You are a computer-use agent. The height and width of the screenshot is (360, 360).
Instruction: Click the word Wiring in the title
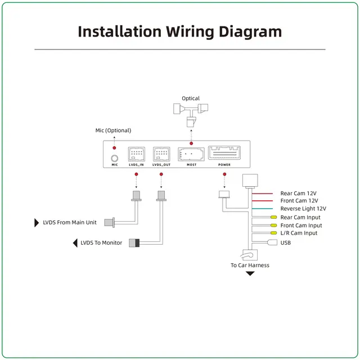tap(190, 32)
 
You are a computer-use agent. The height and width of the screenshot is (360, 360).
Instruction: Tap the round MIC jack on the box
tap(115, 158)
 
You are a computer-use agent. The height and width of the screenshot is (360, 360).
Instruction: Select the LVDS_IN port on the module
tap(136, 154)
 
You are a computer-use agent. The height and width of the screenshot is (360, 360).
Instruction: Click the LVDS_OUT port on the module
tap(161, 154)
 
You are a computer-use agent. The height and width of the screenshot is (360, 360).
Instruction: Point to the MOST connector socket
tap(191, 154)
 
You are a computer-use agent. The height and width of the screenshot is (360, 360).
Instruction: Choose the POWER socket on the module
tap(224, 152)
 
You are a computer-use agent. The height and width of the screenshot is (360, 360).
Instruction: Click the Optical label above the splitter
tap(191, 98)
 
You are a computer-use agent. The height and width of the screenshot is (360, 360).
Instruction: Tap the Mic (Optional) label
tap(113, 130)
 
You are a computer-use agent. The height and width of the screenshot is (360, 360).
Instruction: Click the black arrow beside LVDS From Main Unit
tap(37, 223)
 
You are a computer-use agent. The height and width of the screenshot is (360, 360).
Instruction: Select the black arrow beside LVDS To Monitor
tap(75, 243)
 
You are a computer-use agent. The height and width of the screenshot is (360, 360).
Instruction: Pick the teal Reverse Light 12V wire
tap(263, 209)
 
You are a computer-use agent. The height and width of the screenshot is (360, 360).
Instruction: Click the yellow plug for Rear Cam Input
tap(274, 217)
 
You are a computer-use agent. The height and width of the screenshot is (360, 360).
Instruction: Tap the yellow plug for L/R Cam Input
tap(274, 233)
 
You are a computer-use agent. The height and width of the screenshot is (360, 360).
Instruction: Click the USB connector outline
tap(272, 242)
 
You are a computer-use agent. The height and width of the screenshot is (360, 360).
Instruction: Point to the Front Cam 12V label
tap(299, 201)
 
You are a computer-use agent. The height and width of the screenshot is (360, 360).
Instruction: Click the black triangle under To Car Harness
tap(250, 273)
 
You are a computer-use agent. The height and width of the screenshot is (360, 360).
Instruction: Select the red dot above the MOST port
tap(191, 143)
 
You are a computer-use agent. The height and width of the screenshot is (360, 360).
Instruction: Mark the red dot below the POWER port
tap(224, 174)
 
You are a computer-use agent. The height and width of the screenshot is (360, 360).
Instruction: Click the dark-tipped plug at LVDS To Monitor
tap(134, 243)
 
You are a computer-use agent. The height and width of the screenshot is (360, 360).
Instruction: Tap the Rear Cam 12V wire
tap(263, 193)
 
